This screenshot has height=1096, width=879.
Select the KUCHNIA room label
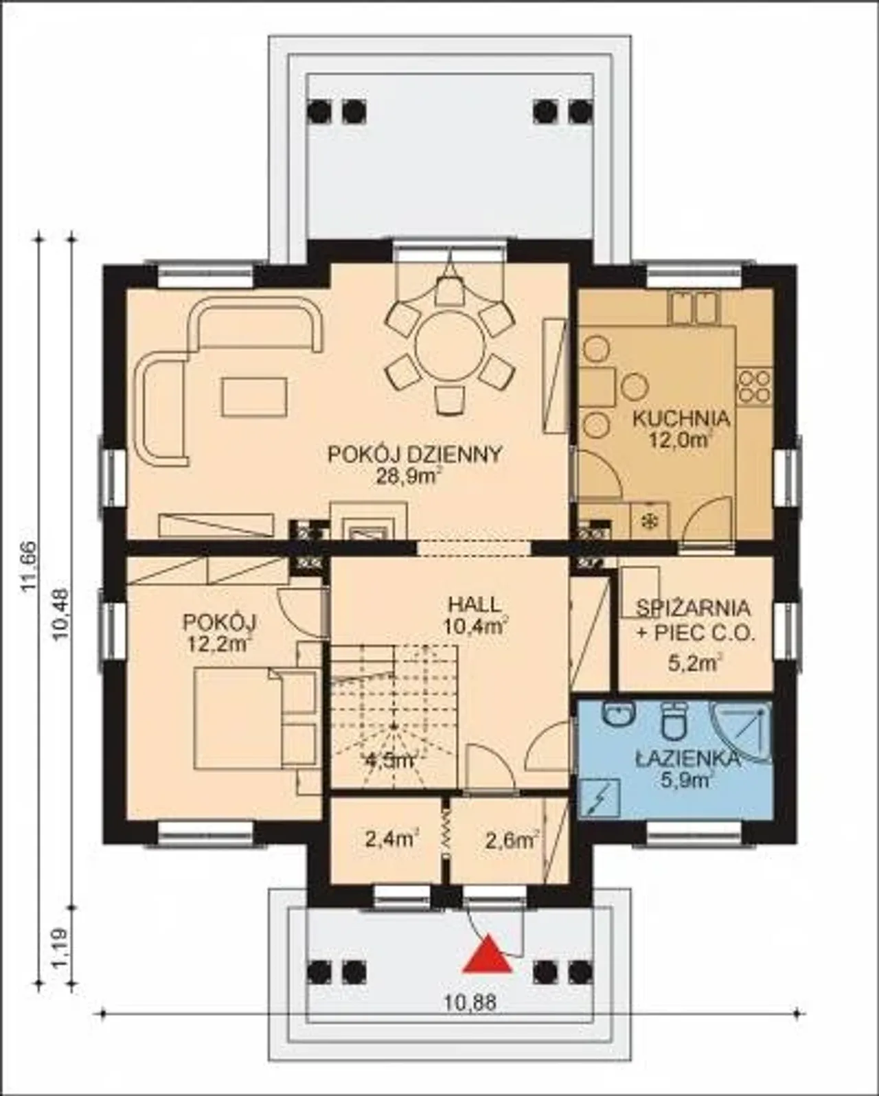pyautogui.click(x=681, y=420)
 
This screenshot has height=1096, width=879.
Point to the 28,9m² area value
pyautogui.click(x=407, y=477)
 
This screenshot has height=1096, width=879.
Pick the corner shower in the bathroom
pyautogui.click(x=744, y=736)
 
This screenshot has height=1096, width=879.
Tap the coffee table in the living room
pyautogui.click(x=253, y=396)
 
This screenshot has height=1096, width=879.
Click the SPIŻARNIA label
pyautogui.click(x=693, y=608)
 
